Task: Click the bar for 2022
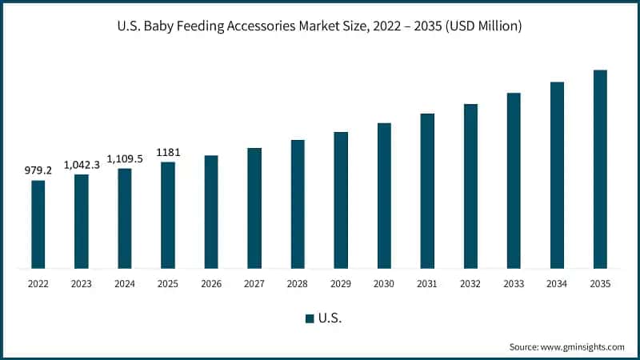[x=38, y=224]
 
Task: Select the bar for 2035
[x=600, y=169]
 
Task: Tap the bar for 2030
[x=384, y=195]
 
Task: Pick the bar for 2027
[x=254, y=208]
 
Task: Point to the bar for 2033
[x=514, y=180]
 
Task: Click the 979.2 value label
[x=38, y=170]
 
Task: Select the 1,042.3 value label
[x=82, y=164]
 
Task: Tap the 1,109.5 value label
[x=125, y=158]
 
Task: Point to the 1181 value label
[x=168, y=152]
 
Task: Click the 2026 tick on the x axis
[x=211, y=283]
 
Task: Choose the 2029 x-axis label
[x=341, y=283]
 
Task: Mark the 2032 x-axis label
[x=470, y=283]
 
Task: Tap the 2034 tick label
[x=557, y=283]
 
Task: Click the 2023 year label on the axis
[x=82, y=283]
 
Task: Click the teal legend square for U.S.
[x=309, y=318]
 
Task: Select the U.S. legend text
[x=330, y=318]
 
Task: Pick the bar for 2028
[x=298, y=204]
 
